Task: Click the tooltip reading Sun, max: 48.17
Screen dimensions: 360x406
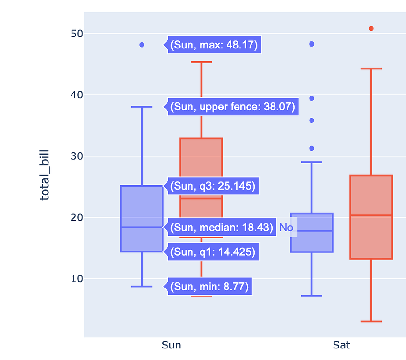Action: click(214, 45)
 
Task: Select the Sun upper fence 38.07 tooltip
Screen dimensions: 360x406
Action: click(232, 107)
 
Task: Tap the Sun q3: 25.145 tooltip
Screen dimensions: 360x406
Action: click(213, 186)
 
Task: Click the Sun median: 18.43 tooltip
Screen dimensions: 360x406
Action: click(221, 227)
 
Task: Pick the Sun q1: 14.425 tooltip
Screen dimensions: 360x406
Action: click(213, 251)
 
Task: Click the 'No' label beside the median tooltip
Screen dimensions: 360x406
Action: click(286, 228)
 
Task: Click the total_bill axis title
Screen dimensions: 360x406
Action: click(45, 175)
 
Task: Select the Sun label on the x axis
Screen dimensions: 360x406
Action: click(171, 345)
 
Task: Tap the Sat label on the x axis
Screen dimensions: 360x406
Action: click(341, 345)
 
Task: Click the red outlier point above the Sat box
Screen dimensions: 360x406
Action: click(371, 28)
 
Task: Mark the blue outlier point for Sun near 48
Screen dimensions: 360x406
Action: click(142, 45)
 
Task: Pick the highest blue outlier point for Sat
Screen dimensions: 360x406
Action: click(311, 44)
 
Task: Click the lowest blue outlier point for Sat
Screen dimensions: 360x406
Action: click(311, 148)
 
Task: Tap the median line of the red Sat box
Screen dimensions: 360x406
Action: click(371, 215)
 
